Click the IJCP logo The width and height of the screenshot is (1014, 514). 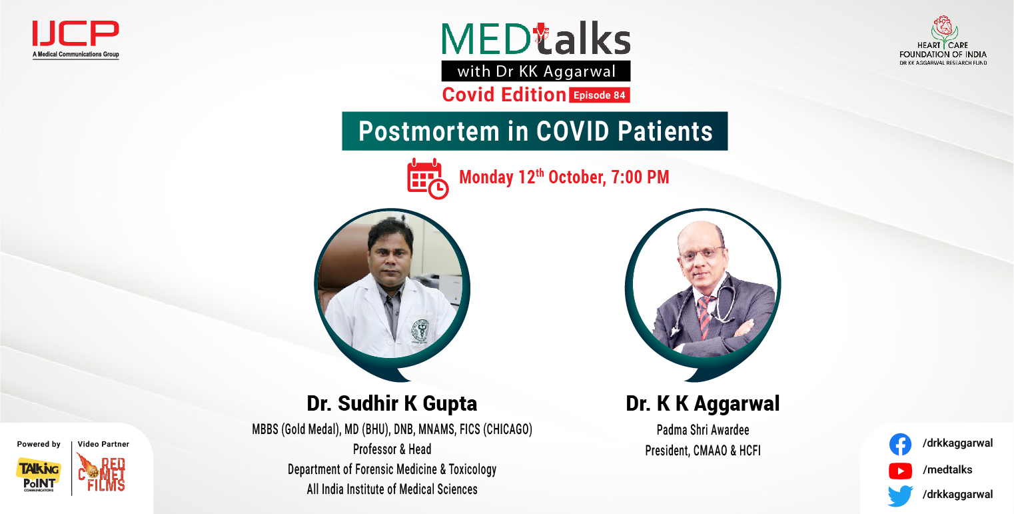tap(75, 39)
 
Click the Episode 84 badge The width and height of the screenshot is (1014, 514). tap(600, 95)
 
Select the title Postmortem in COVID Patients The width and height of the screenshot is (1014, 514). tap(535, 131)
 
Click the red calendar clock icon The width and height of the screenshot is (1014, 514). tap(427, 179)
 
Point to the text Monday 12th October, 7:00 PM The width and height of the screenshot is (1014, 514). tap(564, 177)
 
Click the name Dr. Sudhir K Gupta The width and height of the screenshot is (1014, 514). tap(392, 403)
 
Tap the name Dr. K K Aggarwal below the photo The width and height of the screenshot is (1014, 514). tap(702, 403)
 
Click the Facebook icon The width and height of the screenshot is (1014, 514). tap(900, 444)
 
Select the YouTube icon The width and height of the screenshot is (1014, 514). tap(900, 471)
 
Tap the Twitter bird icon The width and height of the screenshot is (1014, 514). tap(900, 495)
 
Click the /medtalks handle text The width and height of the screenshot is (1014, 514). tap(947, 470)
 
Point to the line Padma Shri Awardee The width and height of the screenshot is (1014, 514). tap(703, 430)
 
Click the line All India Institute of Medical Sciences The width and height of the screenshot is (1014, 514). tap(392, 489)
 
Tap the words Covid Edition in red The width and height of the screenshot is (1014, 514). tap(504, 95)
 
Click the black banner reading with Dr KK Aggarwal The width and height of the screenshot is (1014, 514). tap(536, 71)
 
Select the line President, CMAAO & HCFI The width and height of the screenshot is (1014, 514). tap(703, 451)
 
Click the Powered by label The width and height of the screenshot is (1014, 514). tap(39, 444)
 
